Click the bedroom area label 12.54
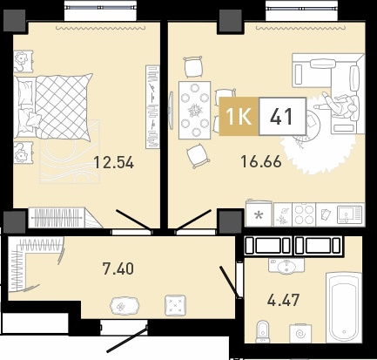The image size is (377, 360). click(x=114, y=162)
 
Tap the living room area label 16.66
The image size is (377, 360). click(x=261, y=161)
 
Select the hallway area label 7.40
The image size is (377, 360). click(x=118, y=268)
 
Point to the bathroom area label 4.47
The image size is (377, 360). click(x=283, y=300)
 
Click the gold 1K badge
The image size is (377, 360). click(x=239, y=117)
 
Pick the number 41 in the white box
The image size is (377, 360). click(x=282, y=117)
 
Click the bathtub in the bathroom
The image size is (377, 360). click(x=344, y=307)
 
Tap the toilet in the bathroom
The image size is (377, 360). click(x=263, y=332)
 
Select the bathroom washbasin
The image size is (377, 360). click(x=286, y=266)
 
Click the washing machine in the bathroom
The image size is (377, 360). click(x=300, y=333)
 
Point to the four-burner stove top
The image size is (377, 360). click(x=304, y=214)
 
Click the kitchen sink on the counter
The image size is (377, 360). click(x=350, y=214)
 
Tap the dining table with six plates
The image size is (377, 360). click(x=195, y=110)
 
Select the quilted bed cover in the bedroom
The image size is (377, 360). click(x=63, y=106)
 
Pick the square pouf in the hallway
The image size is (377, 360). click(x=175, y=305)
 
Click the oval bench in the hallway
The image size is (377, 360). click(x=125, y=306)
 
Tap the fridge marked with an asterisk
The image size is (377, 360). click(x=259, y=214)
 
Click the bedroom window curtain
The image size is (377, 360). click(x=100, y=28)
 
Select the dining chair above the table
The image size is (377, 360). click(x=193, y=67)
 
